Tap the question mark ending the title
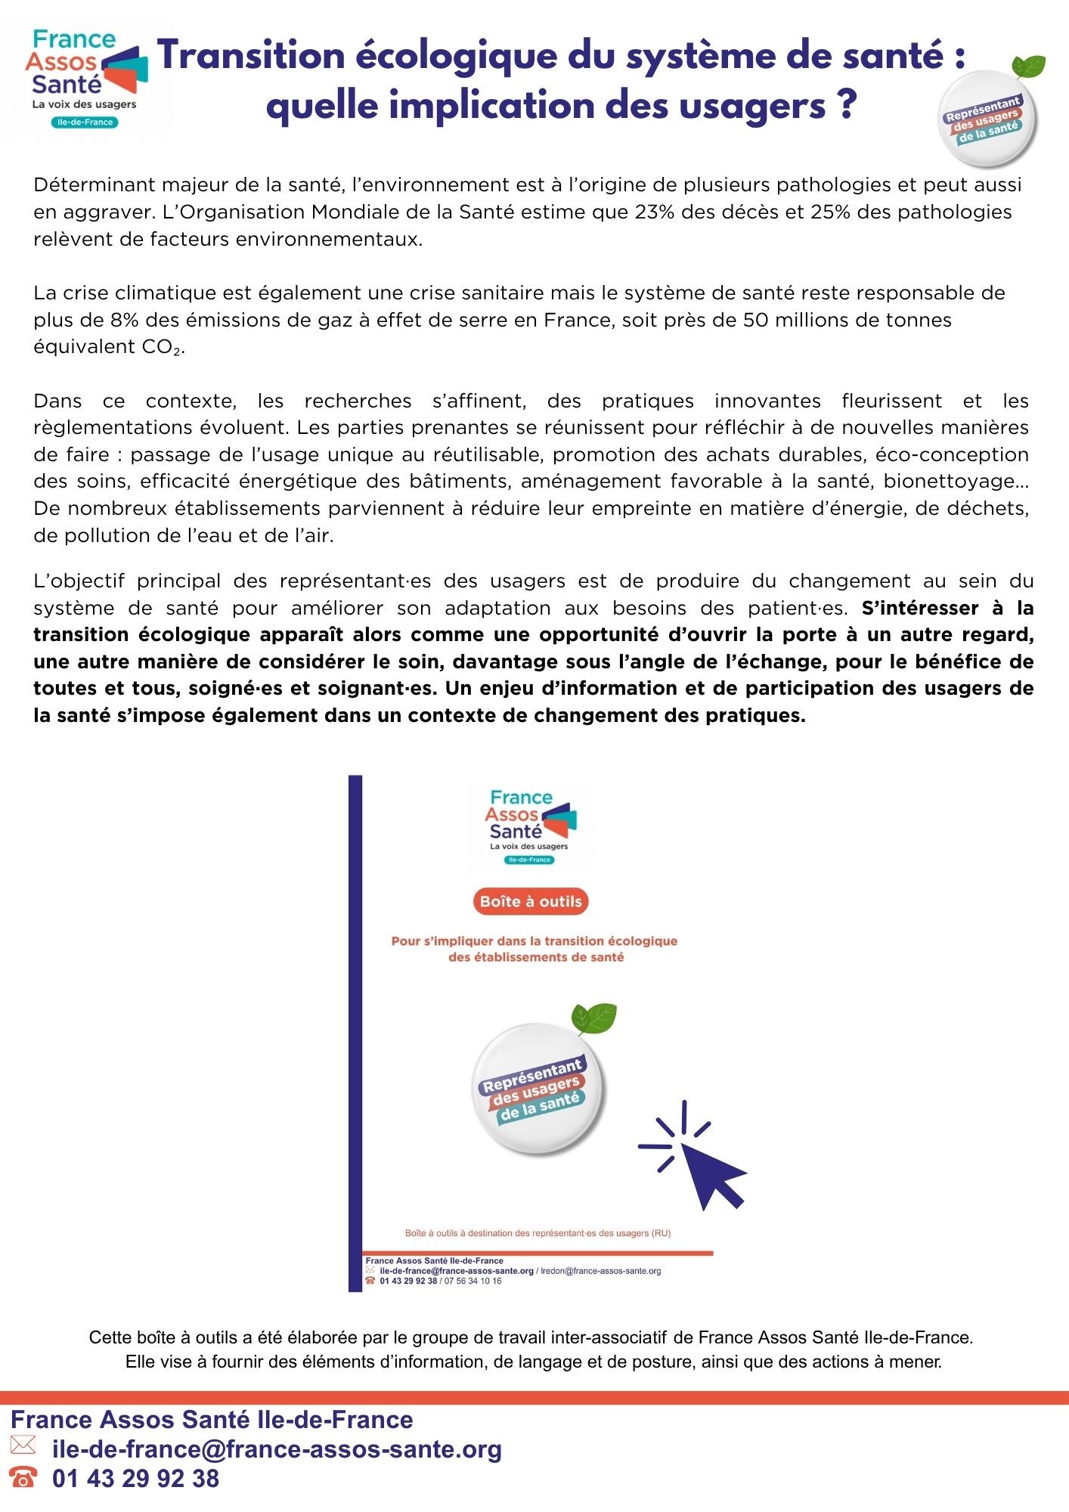[x=847, y=105]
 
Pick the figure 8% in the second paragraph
[x=124, y=321]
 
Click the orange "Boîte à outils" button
[x=531, y=901]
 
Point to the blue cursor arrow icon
[x=703, y=1164]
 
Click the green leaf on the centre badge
[x=595, y=1018]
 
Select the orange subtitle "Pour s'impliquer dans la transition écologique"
[x=534, y=941]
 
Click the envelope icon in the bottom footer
[x=23, y=1445]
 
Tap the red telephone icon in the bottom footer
[x=23, y=1476]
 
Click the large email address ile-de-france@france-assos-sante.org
[x=277, y=1449]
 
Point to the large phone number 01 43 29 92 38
[x=136, y=1479]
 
